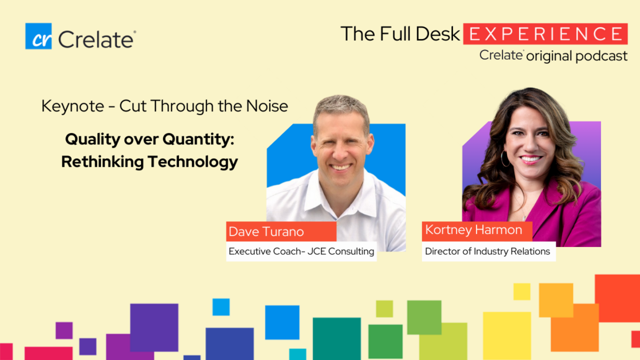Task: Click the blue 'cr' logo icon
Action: click(x=38, y=36)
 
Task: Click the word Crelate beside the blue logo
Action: click(x=96, y=40)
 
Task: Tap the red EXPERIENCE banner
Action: click(x=545, y=34)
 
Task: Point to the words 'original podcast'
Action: click(x=577, y=56)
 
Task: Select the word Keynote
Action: click(x=73, y=106)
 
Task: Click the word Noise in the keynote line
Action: click(x=267, y=106)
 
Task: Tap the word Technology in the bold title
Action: click(x=193, y=162)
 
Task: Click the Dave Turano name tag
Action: click(x=281, y=232)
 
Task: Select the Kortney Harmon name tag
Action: click(x=477, y=230)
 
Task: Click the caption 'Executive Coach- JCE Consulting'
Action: click(x=301, y=252)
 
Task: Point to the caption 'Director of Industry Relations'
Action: click(x=487, y=252)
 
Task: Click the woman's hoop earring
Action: click(x=505, y=159)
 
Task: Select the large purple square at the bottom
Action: click(x=154, y=327)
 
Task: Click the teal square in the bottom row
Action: click(x=337, y=339)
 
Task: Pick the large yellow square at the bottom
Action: click(x=507, y=336)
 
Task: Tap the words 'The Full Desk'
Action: click(x=400, y=34)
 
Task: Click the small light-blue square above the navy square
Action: click(x=221, y=307)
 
